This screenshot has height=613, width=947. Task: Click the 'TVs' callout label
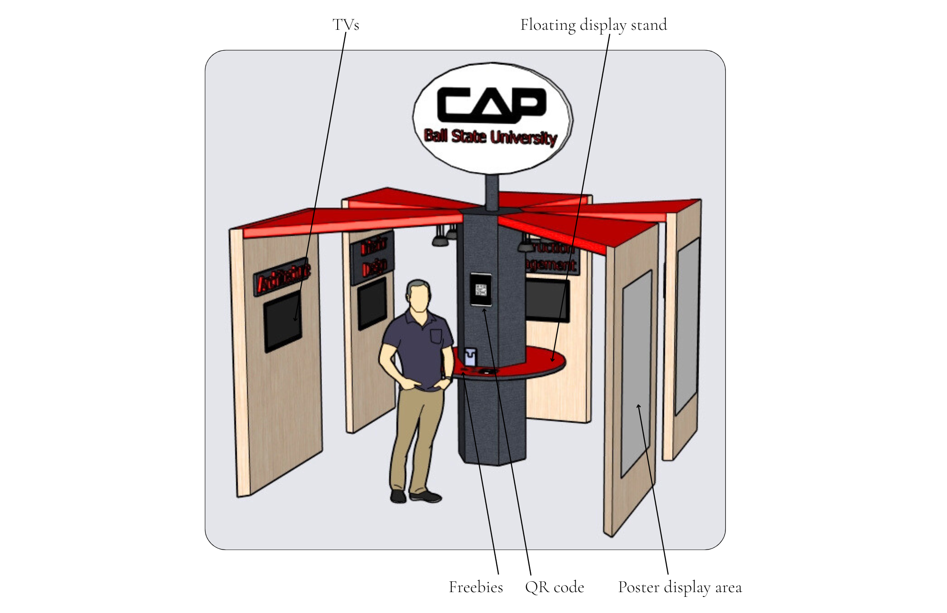pos(346,25)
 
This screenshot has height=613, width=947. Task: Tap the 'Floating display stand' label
pos(593,25)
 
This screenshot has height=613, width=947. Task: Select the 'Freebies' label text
pos(475,587)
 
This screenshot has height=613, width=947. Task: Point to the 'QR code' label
pos(554,587)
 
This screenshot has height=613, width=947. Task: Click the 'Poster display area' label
pos(679,587)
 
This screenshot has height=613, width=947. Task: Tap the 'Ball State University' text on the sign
pos(491,137)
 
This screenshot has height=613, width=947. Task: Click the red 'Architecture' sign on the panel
pos(282,277)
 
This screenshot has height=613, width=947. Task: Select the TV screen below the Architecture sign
pos(283,321)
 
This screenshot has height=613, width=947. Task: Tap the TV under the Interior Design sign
pos(372,303)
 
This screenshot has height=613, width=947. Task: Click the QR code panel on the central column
pos(481,289)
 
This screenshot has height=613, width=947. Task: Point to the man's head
pos(419,296)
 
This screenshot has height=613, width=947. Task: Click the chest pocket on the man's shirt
pos(436,337)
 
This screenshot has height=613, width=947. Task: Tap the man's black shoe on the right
pos(426,496)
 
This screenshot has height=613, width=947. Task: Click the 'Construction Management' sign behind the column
pos(552,256)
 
